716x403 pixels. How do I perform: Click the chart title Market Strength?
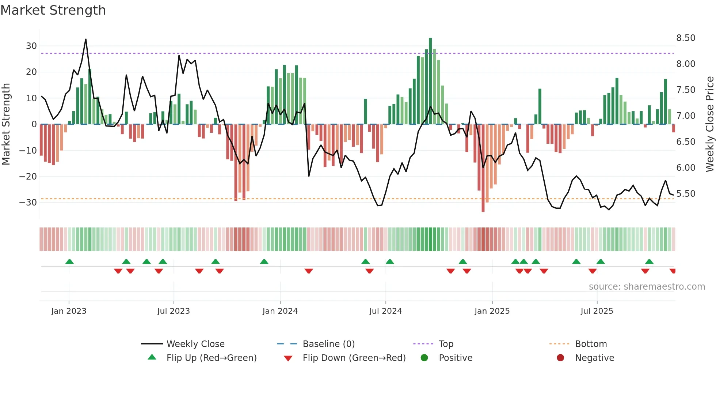[53, 10]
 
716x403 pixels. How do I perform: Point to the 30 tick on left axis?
[31, 46]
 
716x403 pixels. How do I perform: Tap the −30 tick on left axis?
[28, 203]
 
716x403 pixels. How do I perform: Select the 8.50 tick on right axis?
[686, 38]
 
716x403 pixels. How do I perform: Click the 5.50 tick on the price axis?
[686, 194]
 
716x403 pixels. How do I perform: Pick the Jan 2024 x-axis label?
[280, 311]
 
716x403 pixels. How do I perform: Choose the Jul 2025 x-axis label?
[597, 311]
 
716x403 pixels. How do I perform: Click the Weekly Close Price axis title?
[709, 124]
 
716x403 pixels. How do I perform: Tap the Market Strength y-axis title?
[6, 124]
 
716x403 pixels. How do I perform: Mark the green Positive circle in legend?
[424, 358]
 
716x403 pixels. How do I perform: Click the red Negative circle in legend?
[560, 358]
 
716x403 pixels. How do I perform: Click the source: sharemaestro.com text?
[647, 287]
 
